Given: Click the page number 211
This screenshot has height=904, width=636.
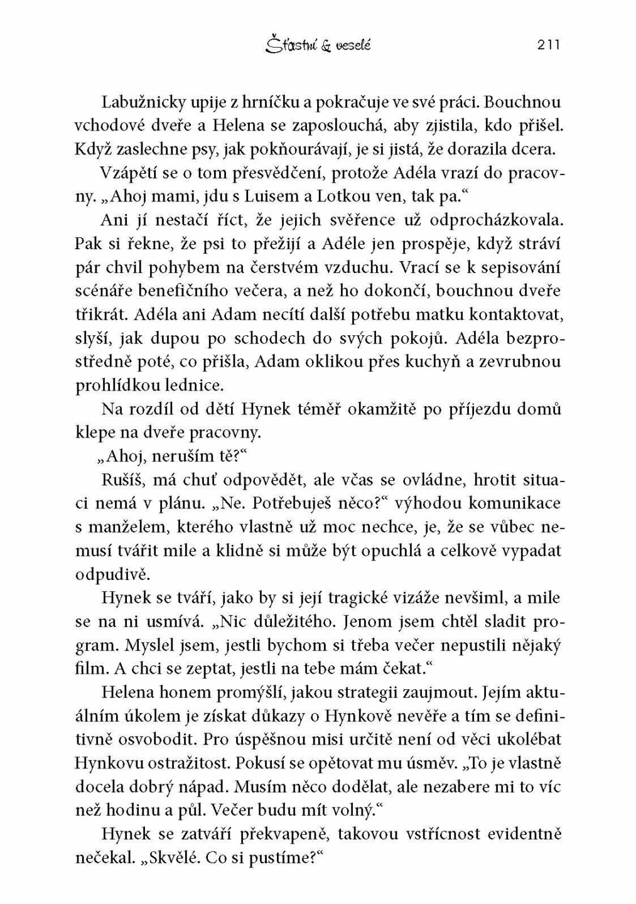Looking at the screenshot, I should point(548,45).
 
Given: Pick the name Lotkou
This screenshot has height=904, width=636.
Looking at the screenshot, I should point(343,196).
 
